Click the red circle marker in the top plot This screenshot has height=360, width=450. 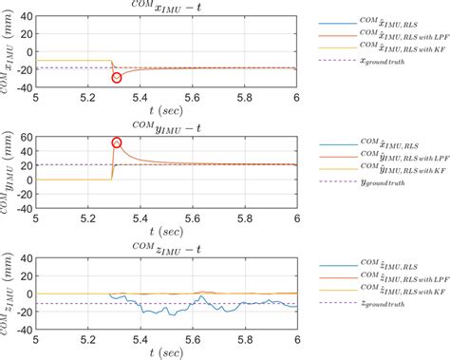(x=117, y=78)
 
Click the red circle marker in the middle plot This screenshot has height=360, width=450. (x=117, y=143)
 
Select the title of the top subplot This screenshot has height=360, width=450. (x=166, y=8)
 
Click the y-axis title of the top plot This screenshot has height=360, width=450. (x=11, y=57)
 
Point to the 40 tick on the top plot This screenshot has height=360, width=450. (x=28, y=17)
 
